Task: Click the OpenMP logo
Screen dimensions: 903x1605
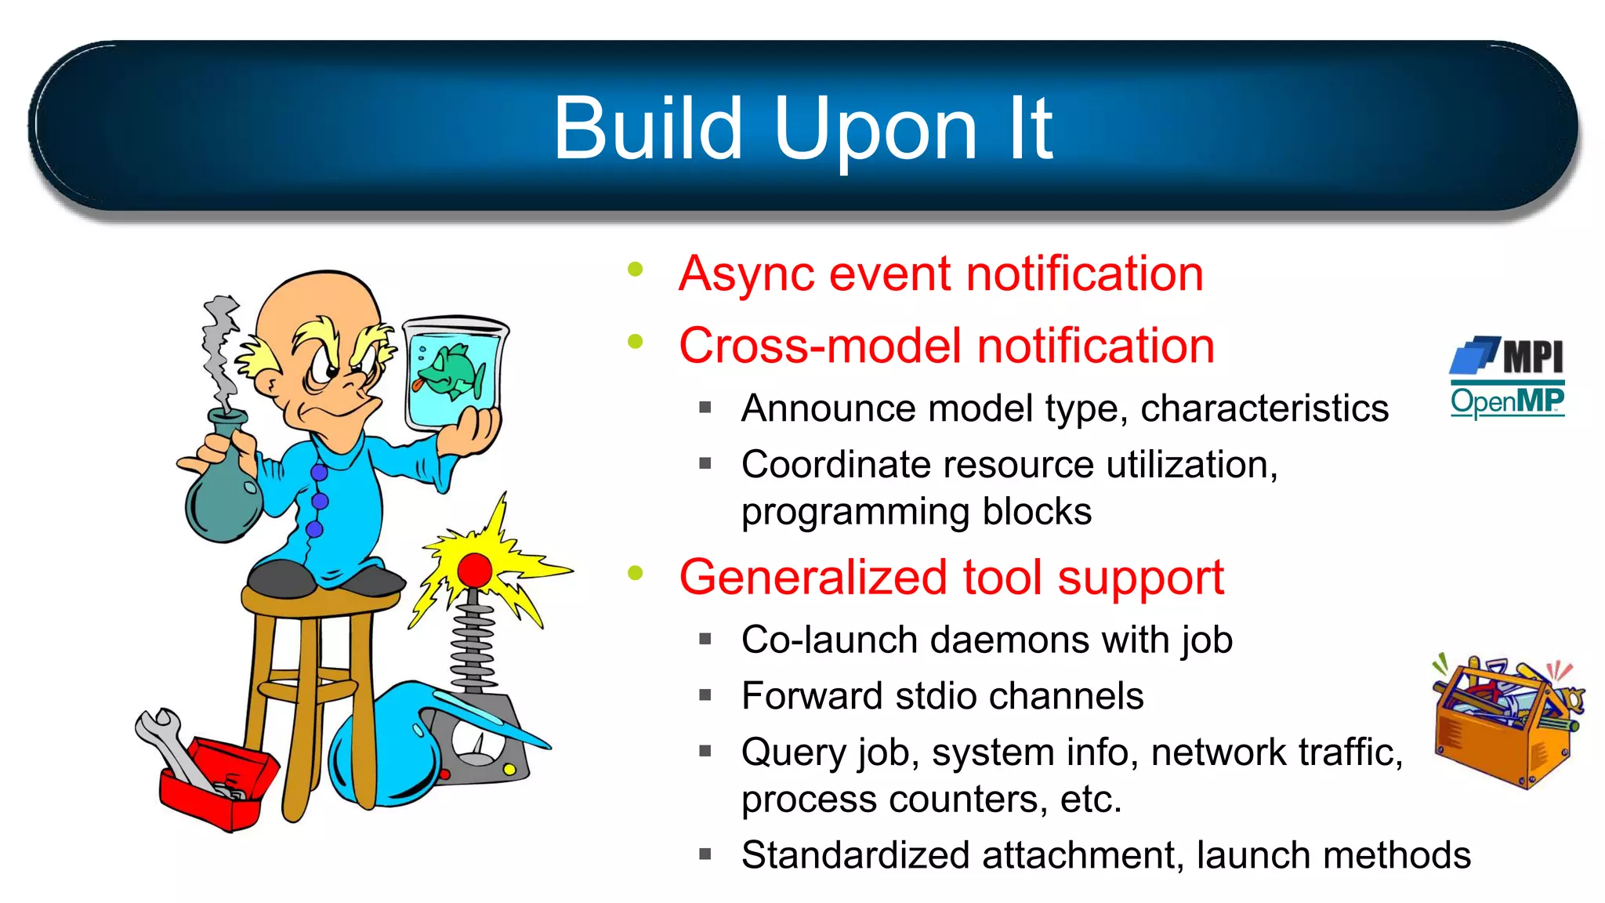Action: point(1507,401)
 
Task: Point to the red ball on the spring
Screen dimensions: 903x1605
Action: point(474,569)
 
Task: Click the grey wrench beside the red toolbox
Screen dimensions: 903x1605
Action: point(168,745)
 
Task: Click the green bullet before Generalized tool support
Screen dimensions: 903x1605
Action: point(635,573)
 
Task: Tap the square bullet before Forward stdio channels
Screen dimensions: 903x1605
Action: point(705,694)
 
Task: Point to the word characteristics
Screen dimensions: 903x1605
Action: point(1263,408)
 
